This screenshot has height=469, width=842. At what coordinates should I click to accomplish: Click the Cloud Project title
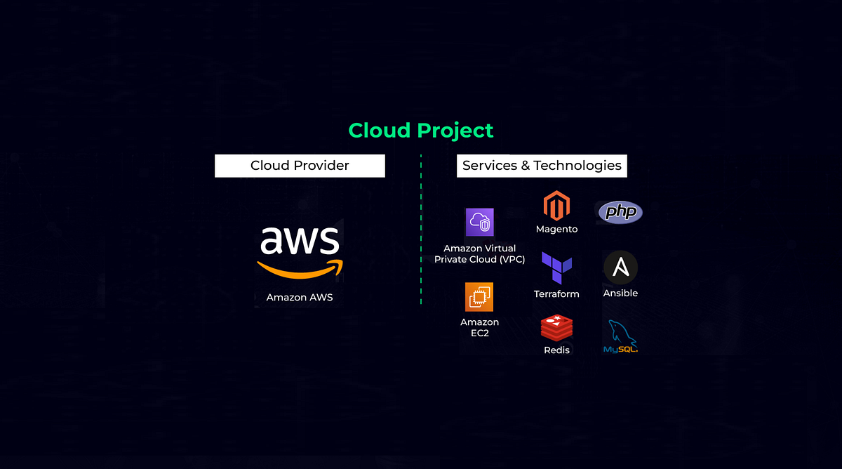point(421,131)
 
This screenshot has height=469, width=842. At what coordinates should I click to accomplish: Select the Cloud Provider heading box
point(300,166)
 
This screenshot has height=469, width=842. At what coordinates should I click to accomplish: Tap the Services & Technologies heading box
point(542,166)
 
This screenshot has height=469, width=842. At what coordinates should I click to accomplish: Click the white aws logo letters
point(300,241)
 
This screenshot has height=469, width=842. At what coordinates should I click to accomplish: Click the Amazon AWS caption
point(300,298)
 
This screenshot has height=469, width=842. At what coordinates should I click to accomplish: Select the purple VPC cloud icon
point(480,223)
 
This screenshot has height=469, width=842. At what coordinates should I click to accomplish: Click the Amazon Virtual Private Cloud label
point(480,254)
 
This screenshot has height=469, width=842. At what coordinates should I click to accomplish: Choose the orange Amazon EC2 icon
point(479,297)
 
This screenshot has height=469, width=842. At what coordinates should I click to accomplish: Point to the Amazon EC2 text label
point(479,327)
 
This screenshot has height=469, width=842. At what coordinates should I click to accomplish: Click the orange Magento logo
point(556,206)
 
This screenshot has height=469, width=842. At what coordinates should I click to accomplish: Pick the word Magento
point(556,230)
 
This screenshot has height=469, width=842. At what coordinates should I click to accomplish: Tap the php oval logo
point(620,211)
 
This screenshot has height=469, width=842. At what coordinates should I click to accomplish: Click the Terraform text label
point(556,294)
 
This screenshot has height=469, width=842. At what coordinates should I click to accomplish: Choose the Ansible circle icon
point(620,268)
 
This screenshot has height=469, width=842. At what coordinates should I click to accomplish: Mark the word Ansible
point(620,293)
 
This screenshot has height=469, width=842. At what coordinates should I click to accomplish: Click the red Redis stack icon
point(556,328)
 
